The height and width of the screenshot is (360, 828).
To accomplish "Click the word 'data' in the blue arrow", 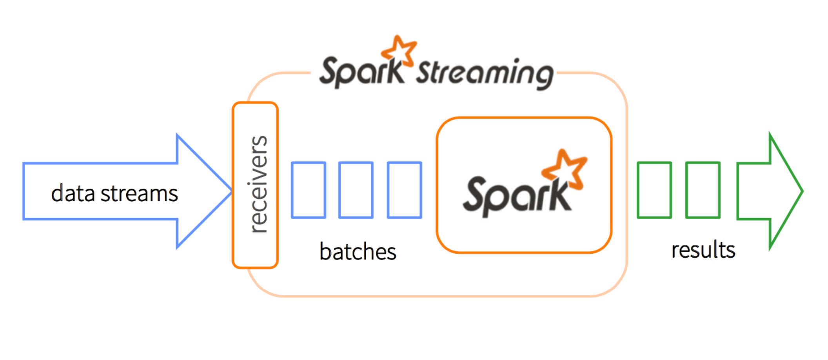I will [73, 193].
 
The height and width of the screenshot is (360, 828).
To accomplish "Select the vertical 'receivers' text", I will [258, 184].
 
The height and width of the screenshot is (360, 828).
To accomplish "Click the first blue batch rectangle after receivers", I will [309, 190].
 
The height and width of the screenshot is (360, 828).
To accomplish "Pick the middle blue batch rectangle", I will [356, 190].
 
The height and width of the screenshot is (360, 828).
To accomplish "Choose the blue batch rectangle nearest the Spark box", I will [404, 190].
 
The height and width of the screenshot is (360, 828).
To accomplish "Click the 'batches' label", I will [358, 251].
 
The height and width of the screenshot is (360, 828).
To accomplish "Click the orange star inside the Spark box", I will [565, 169].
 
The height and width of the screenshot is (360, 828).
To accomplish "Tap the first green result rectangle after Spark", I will [654, 190].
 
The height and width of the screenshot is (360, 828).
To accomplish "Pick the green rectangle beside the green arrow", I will [703, 190].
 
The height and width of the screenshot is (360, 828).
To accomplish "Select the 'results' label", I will [703, 250].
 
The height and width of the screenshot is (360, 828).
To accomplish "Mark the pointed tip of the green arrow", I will [801, 191].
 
